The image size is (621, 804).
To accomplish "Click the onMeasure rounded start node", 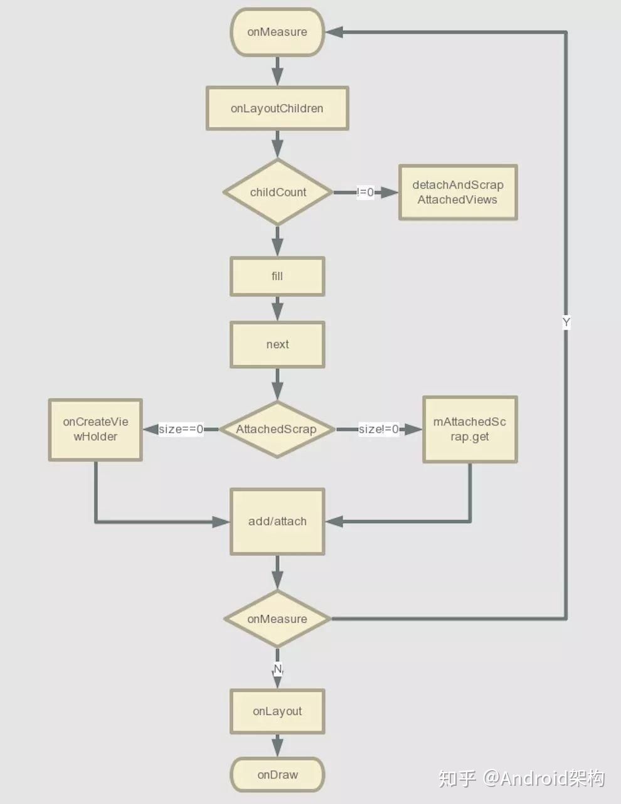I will tap(277, 32).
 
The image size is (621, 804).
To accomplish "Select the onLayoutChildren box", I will tap(277, 108).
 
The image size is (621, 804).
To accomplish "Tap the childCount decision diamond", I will tap(278, 192).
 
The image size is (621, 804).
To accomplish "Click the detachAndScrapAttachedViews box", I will tap(458, 193).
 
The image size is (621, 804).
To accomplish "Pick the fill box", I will tap(277, 276).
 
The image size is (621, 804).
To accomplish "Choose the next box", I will tap(277, 344).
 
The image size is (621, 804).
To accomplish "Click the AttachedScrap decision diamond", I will tap(277, 430).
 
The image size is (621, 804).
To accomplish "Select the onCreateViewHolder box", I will tap(95, 430).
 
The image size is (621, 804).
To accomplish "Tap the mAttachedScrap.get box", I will tap(470, 430).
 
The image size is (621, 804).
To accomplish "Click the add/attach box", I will tap(277, 521).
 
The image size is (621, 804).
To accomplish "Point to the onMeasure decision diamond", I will tap(277, 619).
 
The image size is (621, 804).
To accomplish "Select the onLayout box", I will tap(277, 711).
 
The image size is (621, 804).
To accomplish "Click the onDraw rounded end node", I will tap(277, 775).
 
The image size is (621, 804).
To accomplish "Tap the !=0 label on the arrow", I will tap(365, 193).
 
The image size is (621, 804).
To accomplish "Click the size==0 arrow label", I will tap(181, 430).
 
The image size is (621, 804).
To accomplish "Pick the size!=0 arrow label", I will tap(378, 430).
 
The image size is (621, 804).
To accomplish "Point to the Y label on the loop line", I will tap(566, 322).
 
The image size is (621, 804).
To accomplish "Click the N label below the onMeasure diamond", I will tap(278, 669).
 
